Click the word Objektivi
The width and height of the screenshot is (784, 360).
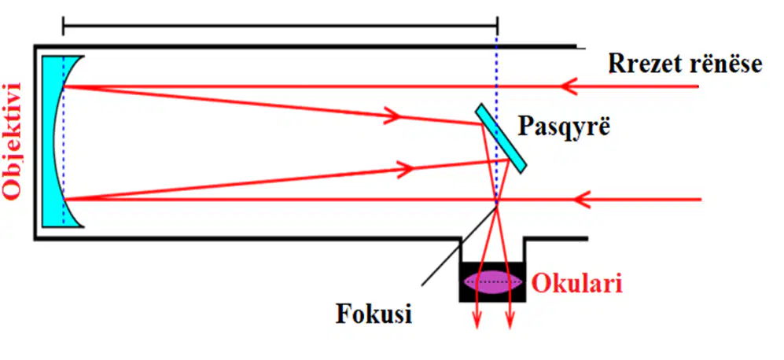point(11,141)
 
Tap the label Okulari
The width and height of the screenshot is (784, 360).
point(577,284)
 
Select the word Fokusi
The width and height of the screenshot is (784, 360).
point(374,314)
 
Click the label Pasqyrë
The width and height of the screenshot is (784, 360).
point(565,127)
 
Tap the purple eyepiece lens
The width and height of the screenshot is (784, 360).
point(493,282)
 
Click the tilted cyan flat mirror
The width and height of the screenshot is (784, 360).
point(501,138)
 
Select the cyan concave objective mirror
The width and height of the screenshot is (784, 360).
point(59,141)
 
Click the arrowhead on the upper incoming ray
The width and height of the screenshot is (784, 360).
point(569,86)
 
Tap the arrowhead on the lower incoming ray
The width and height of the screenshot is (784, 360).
point(582,200)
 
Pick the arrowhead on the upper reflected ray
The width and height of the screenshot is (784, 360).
point(392,115)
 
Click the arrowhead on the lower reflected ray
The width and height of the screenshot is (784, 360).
point(404,168)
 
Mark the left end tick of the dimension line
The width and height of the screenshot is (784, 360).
point(63,25)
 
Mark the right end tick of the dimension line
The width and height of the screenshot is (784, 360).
point(498,25)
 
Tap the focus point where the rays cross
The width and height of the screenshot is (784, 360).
point(496,203)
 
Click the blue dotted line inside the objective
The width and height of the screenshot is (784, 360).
point(63,141)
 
